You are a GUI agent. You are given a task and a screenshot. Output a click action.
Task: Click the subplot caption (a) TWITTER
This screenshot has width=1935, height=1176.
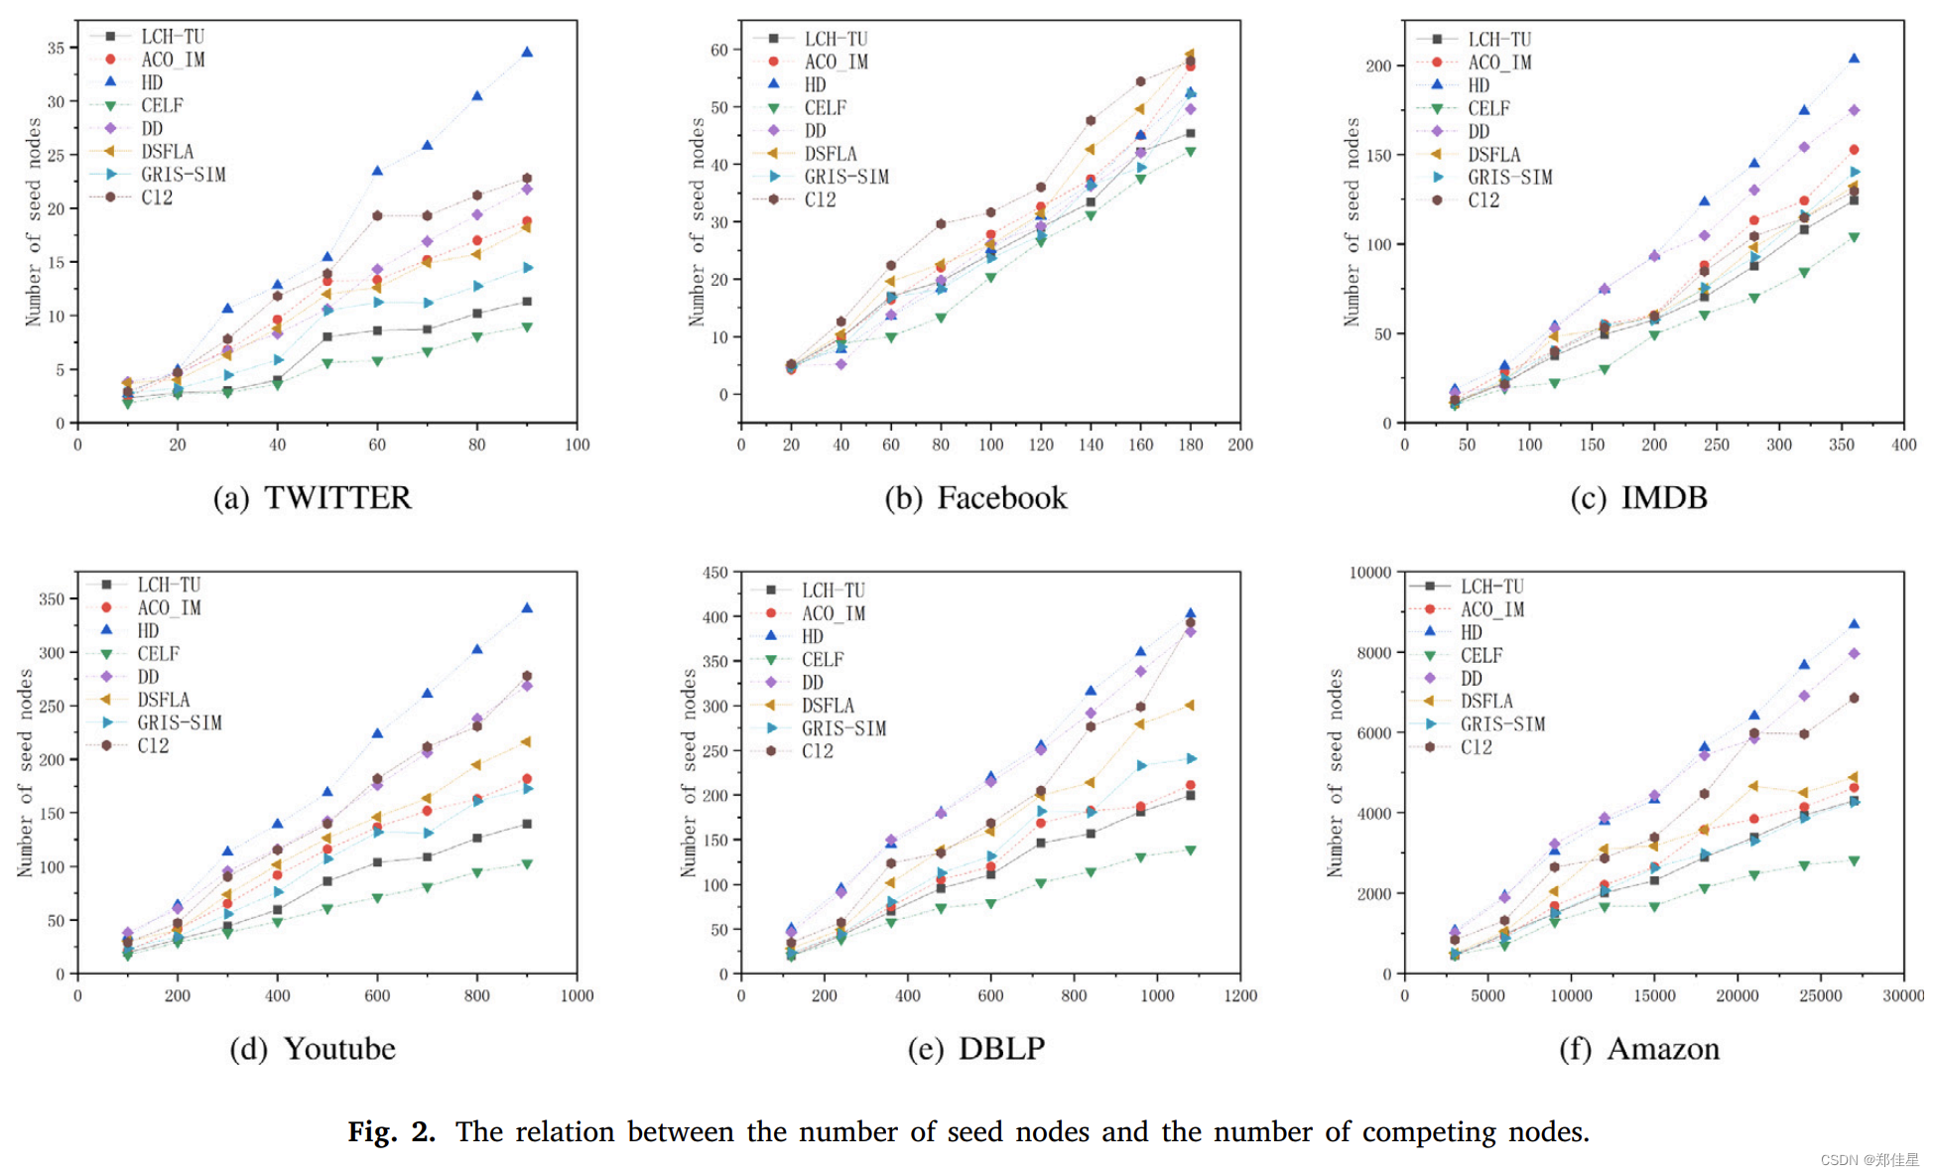coord(312,497)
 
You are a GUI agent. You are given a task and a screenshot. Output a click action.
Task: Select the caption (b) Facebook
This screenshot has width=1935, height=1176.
coord(975,497)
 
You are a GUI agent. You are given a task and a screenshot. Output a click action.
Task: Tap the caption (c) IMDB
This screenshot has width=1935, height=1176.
coord(1638,497)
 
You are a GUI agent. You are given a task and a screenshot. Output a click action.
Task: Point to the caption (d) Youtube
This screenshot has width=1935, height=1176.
coord(312,1048)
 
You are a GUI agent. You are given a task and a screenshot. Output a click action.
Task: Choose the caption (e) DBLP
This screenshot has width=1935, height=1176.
coord(975,1048)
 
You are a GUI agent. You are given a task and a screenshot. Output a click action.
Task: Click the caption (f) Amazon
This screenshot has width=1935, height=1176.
coord(1638,1048)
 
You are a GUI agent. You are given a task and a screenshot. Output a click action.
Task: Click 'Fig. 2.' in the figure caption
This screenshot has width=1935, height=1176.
coord(391,1131)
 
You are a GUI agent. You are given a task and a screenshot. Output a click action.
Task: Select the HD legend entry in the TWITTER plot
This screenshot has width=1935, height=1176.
coord(151,82)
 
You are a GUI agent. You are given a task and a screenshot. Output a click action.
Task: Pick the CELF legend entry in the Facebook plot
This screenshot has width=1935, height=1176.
coord(825,107)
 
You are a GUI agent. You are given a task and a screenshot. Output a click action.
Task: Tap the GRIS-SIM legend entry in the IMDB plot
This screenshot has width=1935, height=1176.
coord(1509,177)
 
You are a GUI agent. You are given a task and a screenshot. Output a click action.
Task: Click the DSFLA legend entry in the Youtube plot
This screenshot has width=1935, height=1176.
coord(163,700)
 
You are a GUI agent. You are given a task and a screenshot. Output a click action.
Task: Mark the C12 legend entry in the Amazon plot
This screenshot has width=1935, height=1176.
coord(1476,747)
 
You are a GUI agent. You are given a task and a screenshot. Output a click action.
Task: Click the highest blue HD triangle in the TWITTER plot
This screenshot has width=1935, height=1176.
coord(527,52)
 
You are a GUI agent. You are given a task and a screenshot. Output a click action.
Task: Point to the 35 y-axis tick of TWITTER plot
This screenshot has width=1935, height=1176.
coord(56,48)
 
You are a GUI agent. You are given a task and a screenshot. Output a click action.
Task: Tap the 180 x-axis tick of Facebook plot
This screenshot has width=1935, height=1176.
coord(1190,445)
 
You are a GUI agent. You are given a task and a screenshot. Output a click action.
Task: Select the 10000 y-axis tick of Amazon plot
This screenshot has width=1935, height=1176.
coord(1369,573)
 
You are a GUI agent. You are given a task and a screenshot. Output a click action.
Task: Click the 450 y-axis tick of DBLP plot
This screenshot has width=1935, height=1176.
coord(714,573)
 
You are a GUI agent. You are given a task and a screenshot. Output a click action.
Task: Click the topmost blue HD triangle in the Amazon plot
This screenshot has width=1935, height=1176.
coord(1854,624)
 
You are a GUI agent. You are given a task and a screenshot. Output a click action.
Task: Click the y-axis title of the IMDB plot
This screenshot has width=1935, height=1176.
coord(1352,221)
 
